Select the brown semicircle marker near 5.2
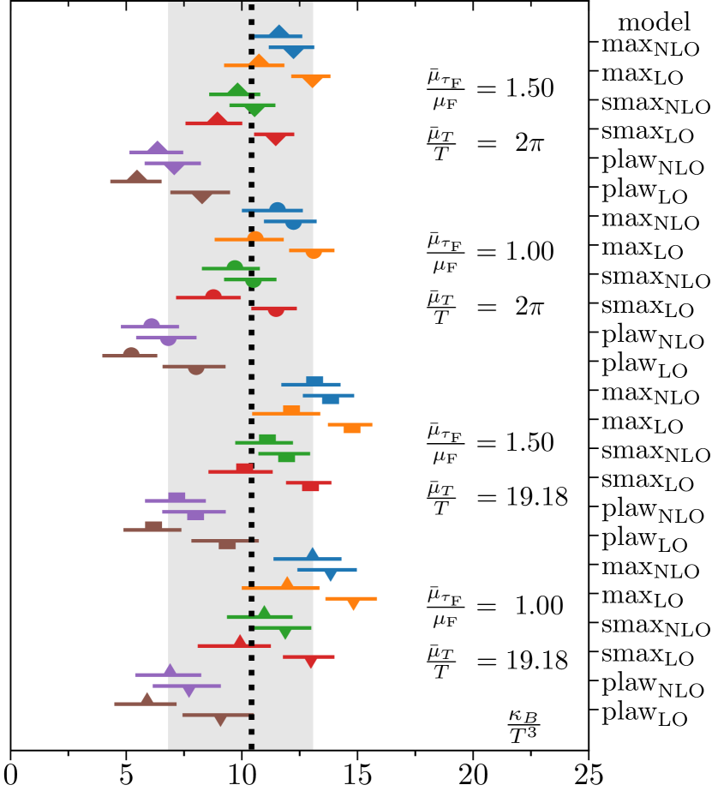[x=131, y=353]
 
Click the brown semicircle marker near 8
[x=196, y=369]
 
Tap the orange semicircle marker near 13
[x=314, y=252]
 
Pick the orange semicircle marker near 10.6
[x=254, y=237]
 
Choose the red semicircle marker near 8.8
[x=213, y=295]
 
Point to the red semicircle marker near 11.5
[x=276, y=310]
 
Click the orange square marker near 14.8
[x=352, y=427]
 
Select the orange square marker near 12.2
[x=291, y=410]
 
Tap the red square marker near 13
[x=310, y=485]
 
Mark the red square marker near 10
[x=244, y=469]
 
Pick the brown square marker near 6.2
[x=153, y=527]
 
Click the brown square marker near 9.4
[x=227, y=543]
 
